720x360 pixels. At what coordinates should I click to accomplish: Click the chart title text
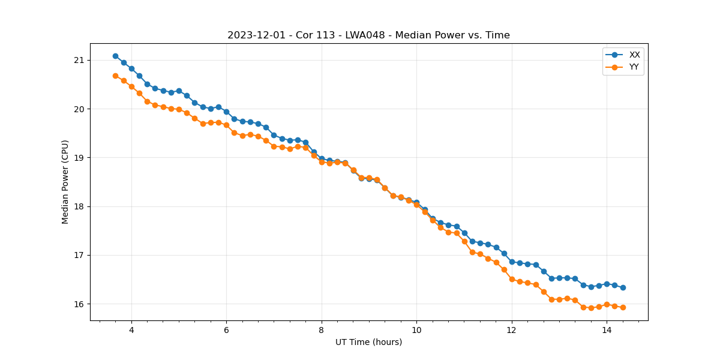(x=368, y=35)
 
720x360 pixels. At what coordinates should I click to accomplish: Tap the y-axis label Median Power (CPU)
(x=65, y=182)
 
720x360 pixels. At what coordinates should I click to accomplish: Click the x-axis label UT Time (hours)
(x=368, y=342)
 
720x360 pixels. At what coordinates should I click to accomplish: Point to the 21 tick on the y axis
(x=79, y=60)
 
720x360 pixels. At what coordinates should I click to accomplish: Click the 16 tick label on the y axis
(x=79, y=304)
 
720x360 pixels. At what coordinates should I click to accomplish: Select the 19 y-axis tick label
(x=79, y=158)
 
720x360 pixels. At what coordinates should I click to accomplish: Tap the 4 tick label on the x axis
(x=131, y=329)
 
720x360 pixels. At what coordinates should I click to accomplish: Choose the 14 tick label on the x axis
(x=607, y=329)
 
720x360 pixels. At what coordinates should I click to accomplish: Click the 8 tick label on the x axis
(x=322, y=329)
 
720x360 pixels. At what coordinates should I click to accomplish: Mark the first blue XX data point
(x=115, y=56)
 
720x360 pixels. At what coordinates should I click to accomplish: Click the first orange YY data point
(x=115, y=76)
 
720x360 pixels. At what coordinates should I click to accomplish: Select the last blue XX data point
(x=623, y=287)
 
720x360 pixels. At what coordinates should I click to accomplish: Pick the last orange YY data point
(x=623, y=307)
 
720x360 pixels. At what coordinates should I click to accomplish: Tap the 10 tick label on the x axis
(x=416, y=329)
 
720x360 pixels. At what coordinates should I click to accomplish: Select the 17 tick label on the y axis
(x=79, y=255)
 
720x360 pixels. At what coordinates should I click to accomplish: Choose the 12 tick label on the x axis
(x=512, y=329)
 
